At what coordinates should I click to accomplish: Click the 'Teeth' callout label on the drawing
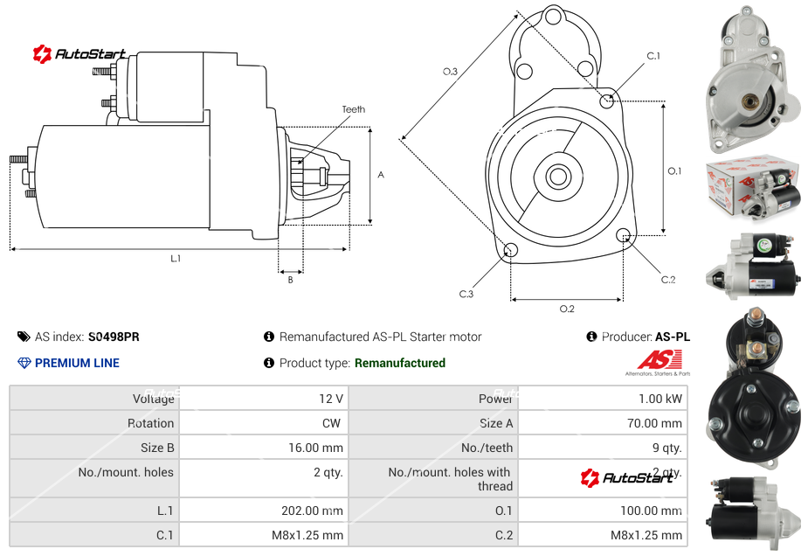click(x=353, y=109)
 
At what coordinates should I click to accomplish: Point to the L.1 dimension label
click(x=176, y=259)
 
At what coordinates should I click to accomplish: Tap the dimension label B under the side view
click(x=290, y=280)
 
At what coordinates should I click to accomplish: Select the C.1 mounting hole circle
click(x=607, y=101)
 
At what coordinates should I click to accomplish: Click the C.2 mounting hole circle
click(x=624, y=236)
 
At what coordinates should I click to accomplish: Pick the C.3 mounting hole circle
click(x=511, y=252)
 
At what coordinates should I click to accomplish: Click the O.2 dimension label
click(x=566, y=309)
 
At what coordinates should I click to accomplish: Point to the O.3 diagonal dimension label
click(x=450, y=72)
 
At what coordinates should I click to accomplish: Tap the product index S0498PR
click(x=114, y=337)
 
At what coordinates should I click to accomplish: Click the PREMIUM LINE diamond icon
click(x=24, y=363)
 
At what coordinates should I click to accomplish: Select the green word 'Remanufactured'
click(x=399, y=363)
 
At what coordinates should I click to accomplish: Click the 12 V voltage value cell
click(x=330, y=399)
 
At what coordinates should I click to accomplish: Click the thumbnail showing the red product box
click(x=753, y=186)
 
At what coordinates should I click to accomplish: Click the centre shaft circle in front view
click(x=557, y=177)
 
